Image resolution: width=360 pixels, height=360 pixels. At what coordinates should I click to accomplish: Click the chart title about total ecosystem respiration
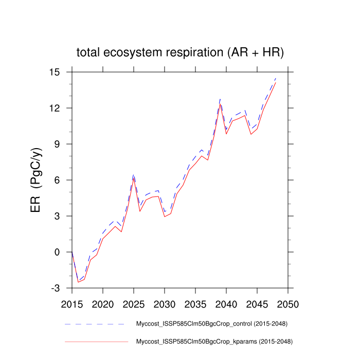coord(180,52)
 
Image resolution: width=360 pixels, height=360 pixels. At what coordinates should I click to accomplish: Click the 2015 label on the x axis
coord(72,303)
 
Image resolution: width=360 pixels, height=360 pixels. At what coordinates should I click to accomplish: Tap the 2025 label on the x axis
coord(134,303)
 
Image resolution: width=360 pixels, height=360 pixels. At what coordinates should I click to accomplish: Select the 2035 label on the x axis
coord(195,303)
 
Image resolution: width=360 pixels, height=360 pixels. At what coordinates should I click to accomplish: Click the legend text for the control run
coord(211,324)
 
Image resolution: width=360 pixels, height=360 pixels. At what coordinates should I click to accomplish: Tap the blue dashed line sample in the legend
coord(95,324)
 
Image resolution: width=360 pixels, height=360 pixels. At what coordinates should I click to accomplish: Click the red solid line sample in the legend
coord(95,341)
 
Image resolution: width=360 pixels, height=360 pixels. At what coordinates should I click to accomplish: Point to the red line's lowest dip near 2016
coord(78,282)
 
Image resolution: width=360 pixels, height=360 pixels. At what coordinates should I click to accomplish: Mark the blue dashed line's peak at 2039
coord(220,98)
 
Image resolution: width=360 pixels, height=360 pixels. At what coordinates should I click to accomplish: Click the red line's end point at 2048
coord(276,82)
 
